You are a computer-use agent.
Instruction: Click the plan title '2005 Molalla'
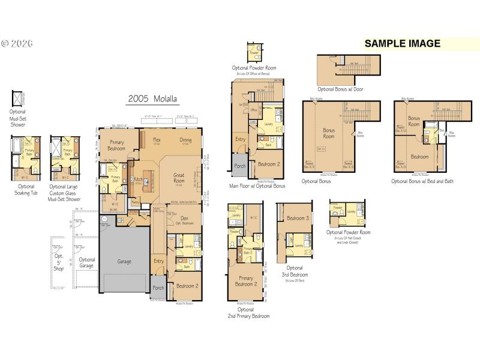(x=153, y=99)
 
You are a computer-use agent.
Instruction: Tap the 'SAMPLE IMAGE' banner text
(x=403, y=43)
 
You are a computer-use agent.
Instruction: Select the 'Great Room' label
(x=179, y=178)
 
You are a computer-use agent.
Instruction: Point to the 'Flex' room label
(x=157, y=140)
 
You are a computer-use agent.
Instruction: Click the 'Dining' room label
(x=186, y=140)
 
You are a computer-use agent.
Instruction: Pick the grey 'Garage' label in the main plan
(x=124, y=261)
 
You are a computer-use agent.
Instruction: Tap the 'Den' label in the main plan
(x=184, y=218)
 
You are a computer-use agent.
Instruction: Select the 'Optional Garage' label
(x=87, y=263)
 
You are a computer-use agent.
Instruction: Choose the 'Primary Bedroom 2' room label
(x=246, y=281)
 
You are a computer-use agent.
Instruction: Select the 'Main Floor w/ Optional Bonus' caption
(x=257, y=186)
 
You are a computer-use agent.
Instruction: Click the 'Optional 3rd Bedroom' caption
(x=295, y=271)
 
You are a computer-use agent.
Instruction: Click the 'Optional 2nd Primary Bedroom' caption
(x=248, y=313)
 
